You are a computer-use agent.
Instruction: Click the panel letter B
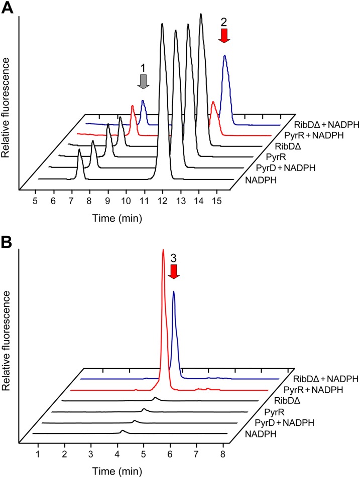[7, 245]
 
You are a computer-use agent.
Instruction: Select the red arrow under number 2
[224, 35]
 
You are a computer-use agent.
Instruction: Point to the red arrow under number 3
[173, 271]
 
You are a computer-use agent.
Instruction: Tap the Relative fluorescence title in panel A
[7, 108]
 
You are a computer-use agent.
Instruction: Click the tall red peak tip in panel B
[163, 250]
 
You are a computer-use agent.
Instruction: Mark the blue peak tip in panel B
[174, 291]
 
